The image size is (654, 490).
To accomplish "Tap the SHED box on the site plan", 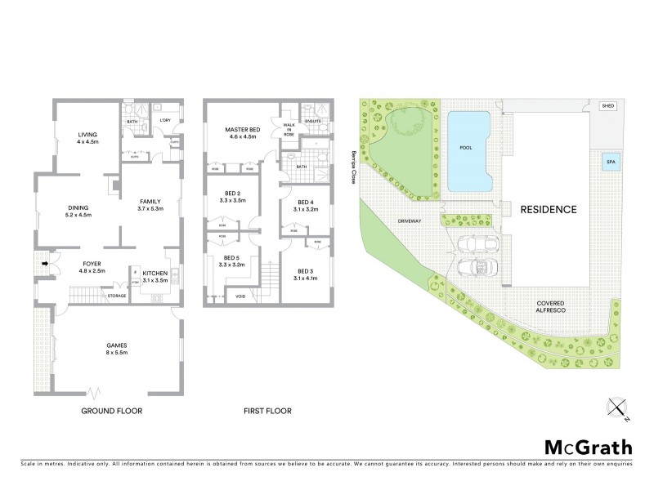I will (x=607, y=106).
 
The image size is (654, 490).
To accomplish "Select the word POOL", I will (x=467, y=148).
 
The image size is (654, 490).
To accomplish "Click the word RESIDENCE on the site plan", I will (x=549, y=209).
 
